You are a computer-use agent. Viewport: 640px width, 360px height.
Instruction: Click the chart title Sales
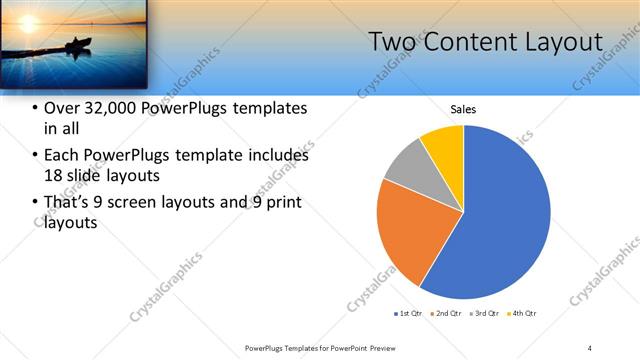(x=463, y=110)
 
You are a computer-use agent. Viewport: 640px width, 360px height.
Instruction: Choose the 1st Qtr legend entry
(x=410, y=314)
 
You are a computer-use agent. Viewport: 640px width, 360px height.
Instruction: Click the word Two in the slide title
(x=393, y=42)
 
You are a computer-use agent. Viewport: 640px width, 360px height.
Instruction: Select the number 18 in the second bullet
(x=54, y=176)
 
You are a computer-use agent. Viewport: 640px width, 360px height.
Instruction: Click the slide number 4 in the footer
(x=590, y=347)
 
